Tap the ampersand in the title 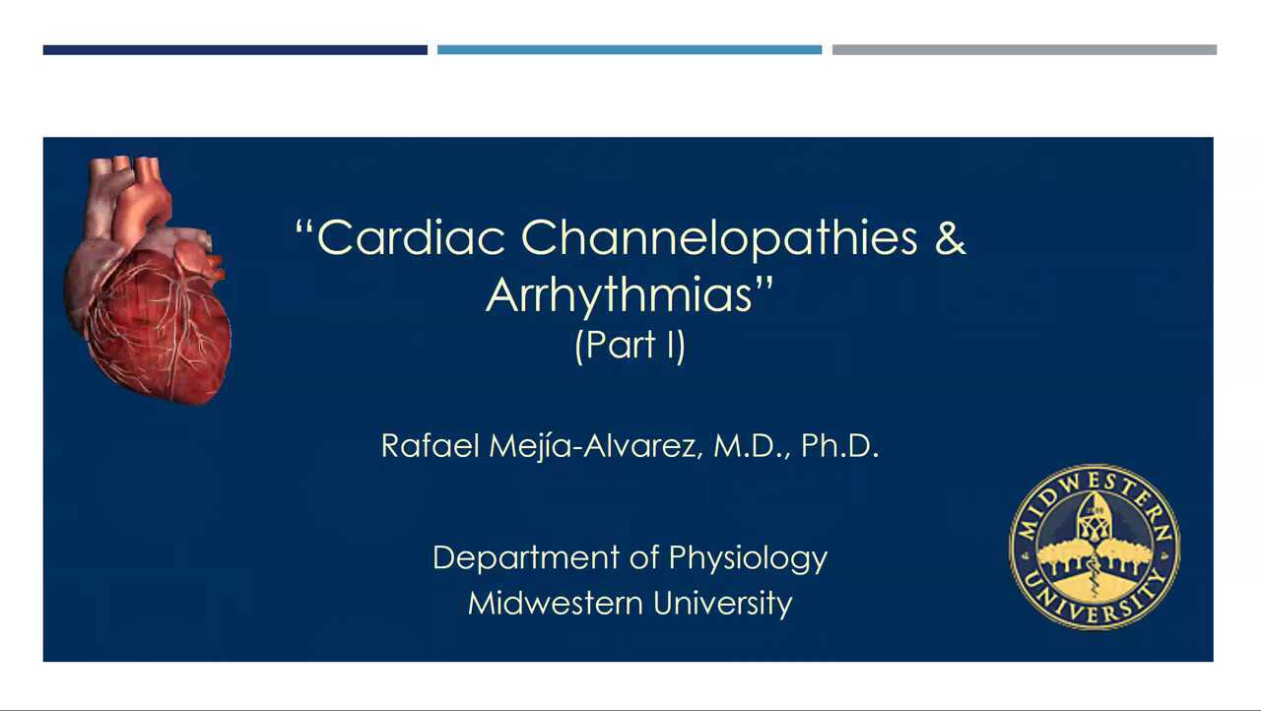coord(950,238)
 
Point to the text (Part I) coord(630,346)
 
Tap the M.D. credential coord(753,446)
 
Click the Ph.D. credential coord(839,446)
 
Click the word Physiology coord(748,558)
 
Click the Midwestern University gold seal coord(1094,547)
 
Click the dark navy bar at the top coord(234,49)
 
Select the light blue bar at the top coord(629,49)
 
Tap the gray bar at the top coord(1024,49)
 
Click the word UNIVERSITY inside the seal coord(1094,606)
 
